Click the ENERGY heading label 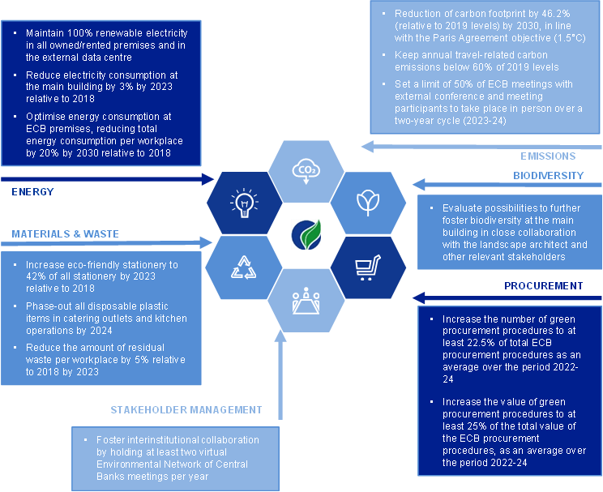(x=33, y=191)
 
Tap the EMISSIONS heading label (x=548, y=156)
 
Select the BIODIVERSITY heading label (x=548, y=175)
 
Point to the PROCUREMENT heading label (x=544, y=285)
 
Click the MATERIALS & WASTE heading (x=65, y=233)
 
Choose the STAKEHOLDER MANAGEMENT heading (x=186, y=409)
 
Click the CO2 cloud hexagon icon (x=306, y=171)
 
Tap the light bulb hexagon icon (x=242, y=201)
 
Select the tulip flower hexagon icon (x=366, y=201)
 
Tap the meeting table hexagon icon (x=305, y=301)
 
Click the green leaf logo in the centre (x=306, y=234)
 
